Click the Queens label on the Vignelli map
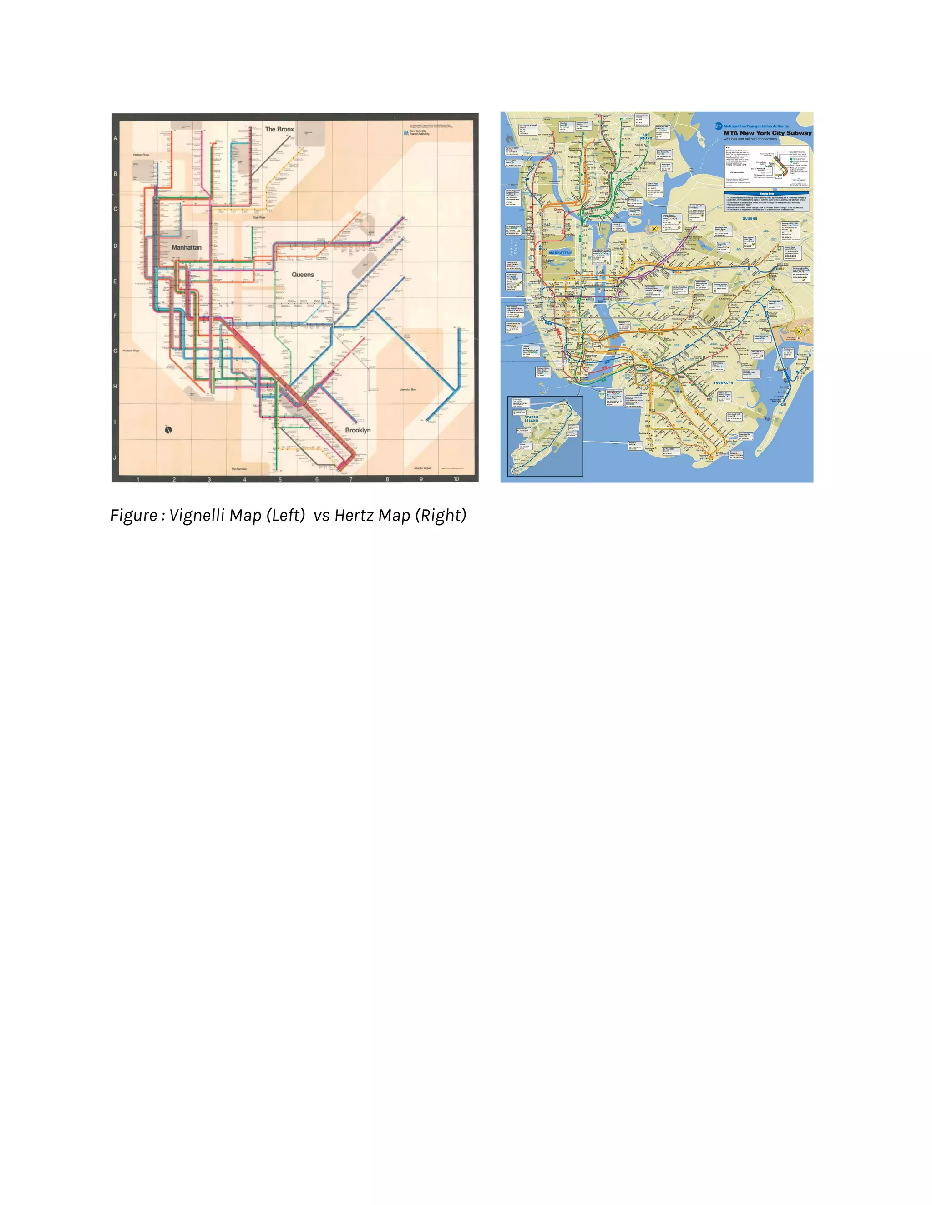(303, 274)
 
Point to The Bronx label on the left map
(279, 129)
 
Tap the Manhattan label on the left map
(187, 247)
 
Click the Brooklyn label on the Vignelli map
(358, 430)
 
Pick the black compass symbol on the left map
(168, 430)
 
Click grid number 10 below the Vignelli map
(456, 479)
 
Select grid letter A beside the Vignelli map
(116, 138)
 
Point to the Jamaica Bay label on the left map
(408, 390)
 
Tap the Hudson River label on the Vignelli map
(131, 350)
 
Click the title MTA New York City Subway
(767, 133)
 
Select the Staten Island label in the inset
(531, 419)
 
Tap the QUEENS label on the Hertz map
(750, 218)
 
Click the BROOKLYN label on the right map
(723, 382)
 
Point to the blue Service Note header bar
(766, 194)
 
